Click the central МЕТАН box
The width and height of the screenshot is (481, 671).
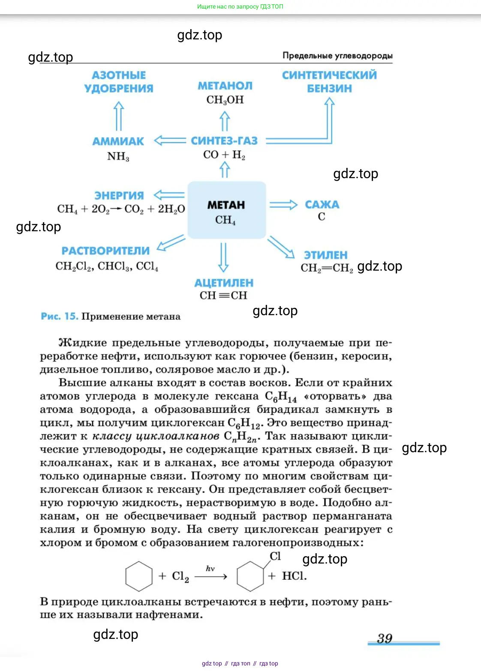click(226, 210)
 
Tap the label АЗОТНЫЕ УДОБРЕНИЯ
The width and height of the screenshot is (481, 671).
click(119, 82)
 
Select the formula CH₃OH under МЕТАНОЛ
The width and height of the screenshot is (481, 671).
click(225, 100)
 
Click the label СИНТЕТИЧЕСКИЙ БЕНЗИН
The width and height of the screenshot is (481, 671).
click(329, 82)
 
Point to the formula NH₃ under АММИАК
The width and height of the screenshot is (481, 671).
click(118, 156)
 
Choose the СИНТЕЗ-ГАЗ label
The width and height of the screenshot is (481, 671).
click(224, 141)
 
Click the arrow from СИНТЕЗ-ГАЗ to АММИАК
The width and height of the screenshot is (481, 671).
click(170, 140)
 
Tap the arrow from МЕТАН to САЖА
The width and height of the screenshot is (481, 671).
click(283, 205)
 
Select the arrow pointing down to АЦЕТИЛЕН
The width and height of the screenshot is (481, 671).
click(223, 257)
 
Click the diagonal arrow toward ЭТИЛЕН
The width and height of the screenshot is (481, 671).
click(281, 248)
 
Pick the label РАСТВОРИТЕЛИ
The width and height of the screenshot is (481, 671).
click(105, 251)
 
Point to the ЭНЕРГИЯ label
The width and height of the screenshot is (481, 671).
click(119, 196)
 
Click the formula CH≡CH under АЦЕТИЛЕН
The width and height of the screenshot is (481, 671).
click(223, 295)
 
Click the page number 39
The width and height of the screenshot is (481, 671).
click(385, 638)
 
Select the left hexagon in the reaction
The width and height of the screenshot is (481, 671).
click(139, 576)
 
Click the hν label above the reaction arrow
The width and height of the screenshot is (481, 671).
click(210, 569)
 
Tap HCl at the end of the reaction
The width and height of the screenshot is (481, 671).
click(294, 576)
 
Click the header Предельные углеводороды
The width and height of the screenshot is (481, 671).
click(337, 56)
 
